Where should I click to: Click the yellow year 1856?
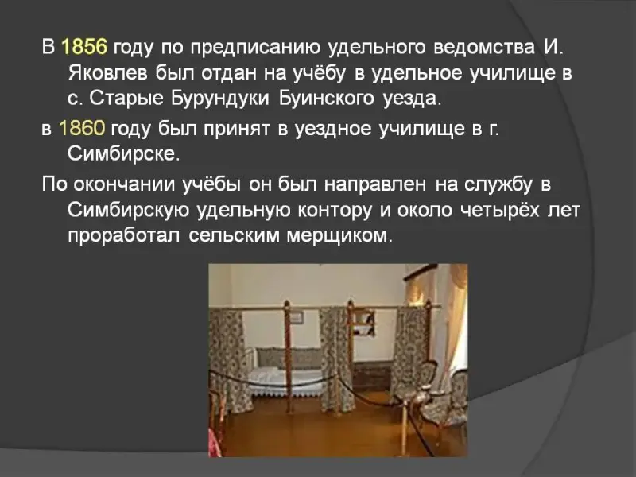[84, 47]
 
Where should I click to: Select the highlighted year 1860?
[82, 128]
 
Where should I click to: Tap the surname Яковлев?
[109, 73]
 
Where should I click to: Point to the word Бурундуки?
[219, 99]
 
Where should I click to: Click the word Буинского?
[326, 99]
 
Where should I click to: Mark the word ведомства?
[484, 47]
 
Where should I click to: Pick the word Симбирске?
[123, 153]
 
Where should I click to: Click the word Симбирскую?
[128, 210]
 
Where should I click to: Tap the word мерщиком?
[339, 235]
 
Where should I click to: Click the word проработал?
[124, 236]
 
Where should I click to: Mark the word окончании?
[124, 184]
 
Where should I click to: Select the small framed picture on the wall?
[297, 316]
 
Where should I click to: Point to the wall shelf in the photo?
[363, 323]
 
